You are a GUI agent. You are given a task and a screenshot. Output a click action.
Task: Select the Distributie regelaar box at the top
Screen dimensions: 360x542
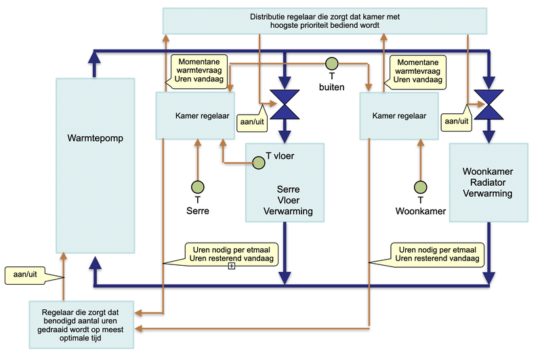pos(325,20)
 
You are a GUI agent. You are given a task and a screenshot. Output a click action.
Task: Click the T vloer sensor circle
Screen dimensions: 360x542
pos(258,162)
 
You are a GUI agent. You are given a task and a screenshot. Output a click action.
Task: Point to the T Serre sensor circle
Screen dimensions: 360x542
pos(197,186)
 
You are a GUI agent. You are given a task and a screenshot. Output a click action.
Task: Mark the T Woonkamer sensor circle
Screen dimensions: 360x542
pos(420,186)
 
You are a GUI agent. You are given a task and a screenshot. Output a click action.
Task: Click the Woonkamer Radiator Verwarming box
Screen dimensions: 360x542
pos(488,182)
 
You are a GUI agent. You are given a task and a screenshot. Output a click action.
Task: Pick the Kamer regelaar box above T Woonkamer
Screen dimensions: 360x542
pos(399,116)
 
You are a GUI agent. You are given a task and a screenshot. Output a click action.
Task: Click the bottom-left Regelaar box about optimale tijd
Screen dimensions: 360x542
pos(81,324)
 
